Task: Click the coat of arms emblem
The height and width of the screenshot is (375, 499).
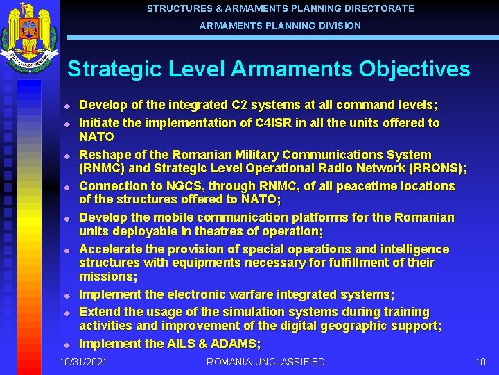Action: coord(29,38)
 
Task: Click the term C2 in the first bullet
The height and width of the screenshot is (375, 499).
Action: coord(239,106)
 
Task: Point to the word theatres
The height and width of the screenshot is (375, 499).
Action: coord(200,231)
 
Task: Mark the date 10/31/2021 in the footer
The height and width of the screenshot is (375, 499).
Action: coord(83,362)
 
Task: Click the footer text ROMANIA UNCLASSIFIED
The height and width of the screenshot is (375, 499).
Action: coord(265,362)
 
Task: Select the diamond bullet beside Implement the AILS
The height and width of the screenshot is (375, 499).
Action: coord(67,344)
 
